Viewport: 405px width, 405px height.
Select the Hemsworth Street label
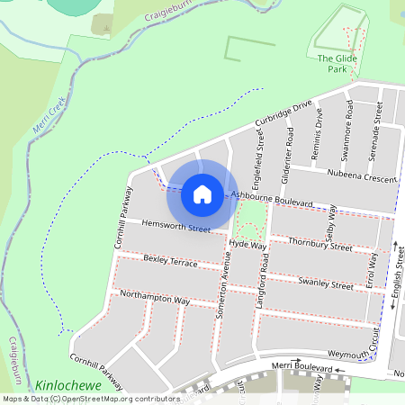click(175, 226)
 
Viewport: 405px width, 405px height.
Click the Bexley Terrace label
click(170, 262)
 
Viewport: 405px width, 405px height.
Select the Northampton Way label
click(155, 298)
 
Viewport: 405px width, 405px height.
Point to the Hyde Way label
click(247, 244)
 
